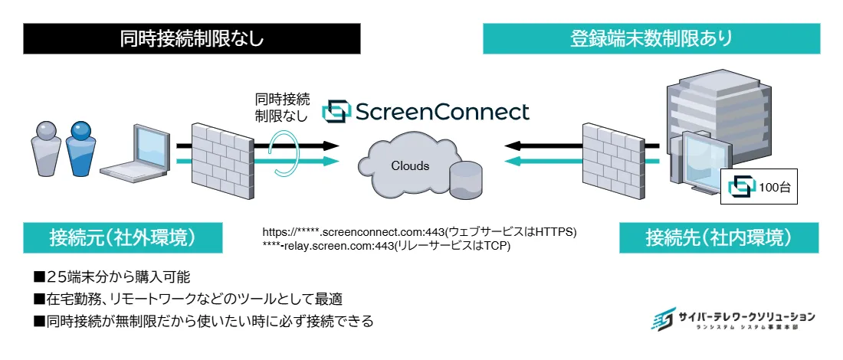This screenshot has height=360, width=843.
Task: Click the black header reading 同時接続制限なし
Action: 192,38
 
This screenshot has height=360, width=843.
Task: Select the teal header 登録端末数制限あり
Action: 651,38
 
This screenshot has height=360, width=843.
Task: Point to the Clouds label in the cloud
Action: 411,165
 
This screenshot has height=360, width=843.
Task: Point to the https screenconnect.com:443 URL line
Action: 418,231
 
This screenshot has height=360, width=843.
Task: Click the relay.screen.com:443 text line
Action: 386,246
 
